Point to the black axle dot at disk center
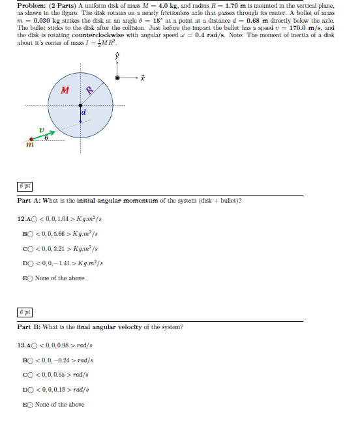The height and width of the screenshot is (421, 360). tap(81, 105)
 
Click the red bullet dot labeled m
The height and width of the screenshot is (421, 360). tap(30, 139)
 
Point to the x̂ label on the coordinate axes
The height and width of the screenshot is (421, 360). tap(142, 77)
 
